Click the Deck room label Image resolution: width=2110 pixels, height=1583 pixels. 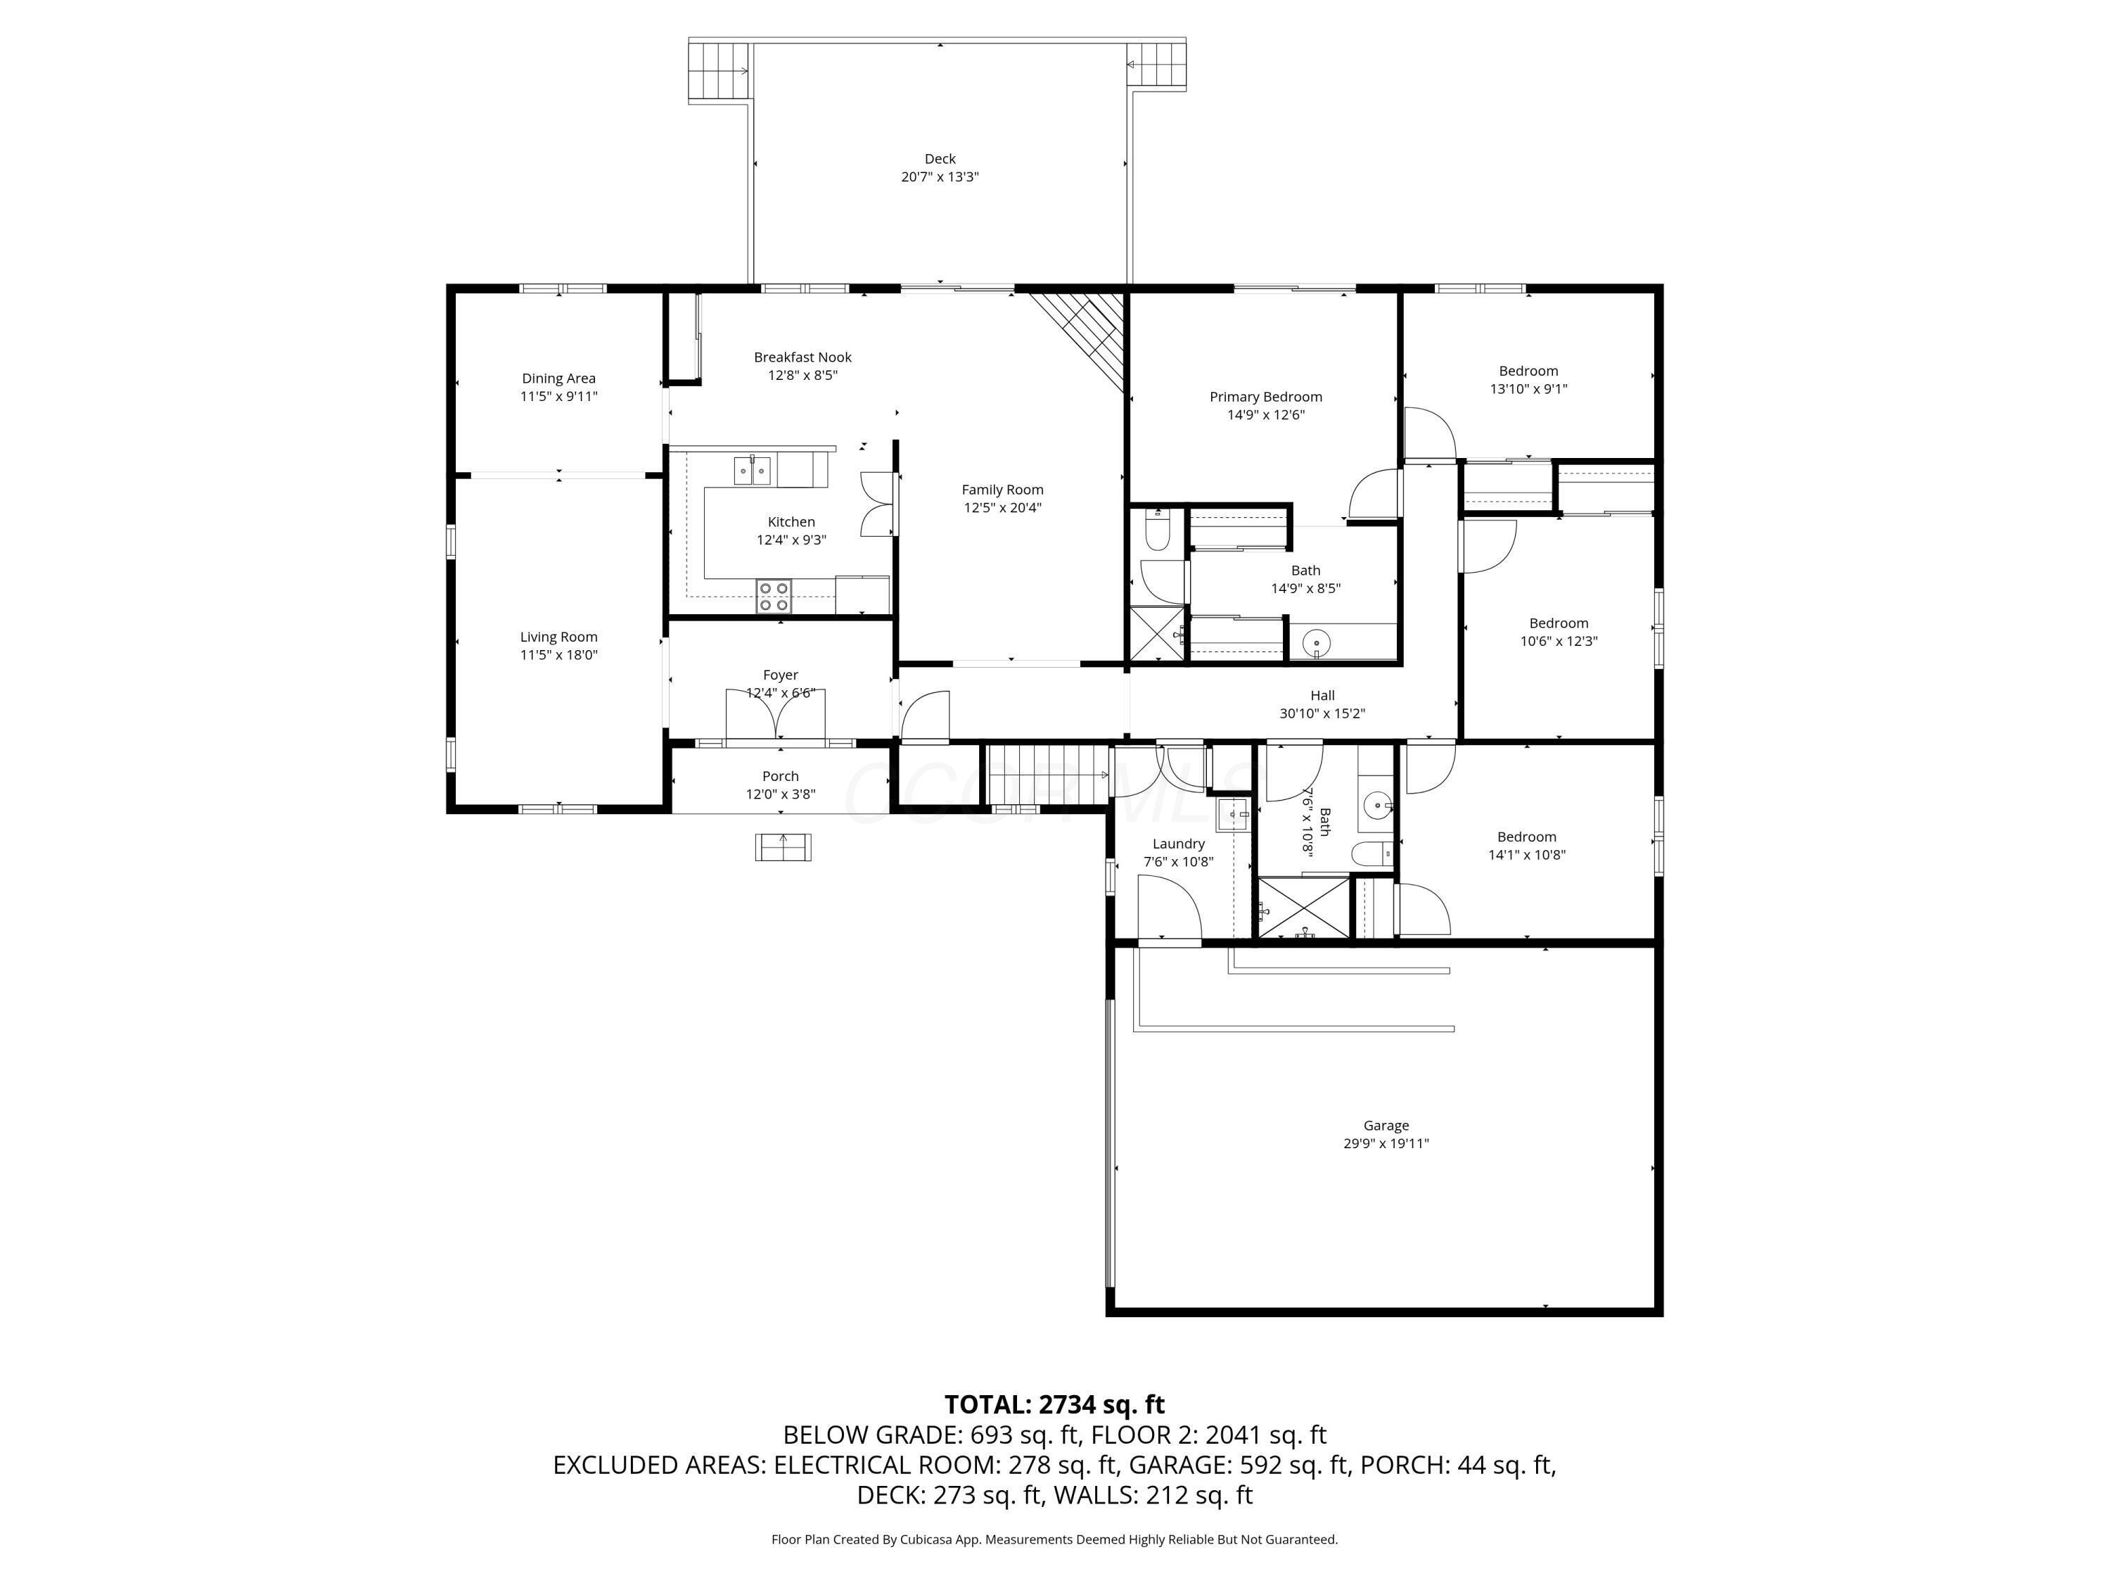click(x=939, y=158)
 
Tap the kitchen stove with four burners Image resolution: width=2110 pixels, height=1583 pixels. click(x=774, y=597)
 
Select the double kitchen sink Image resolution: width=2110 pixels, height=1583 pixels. click(x=752, y=471)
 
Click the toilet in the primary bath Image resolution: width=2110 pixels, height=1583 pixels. click(x=1157, y=530)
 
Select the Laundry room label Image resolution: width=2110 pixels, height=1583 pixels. click(x=1178, y=844)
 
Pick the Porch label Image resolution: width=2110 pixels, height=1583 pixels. click(x=780, y=777)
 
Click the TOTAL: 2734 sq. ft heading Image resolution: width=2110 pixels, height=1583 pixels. click(x=1054, y=1404)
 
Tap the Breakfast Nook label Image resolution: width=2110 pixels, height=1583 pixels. click(x=803, y=357)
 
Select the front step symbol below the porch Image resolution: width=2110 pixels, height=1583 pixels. click(x=783, y=846)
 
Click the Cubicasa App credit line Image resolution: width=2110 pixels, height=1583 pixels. click(x=1054, y=1539)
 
